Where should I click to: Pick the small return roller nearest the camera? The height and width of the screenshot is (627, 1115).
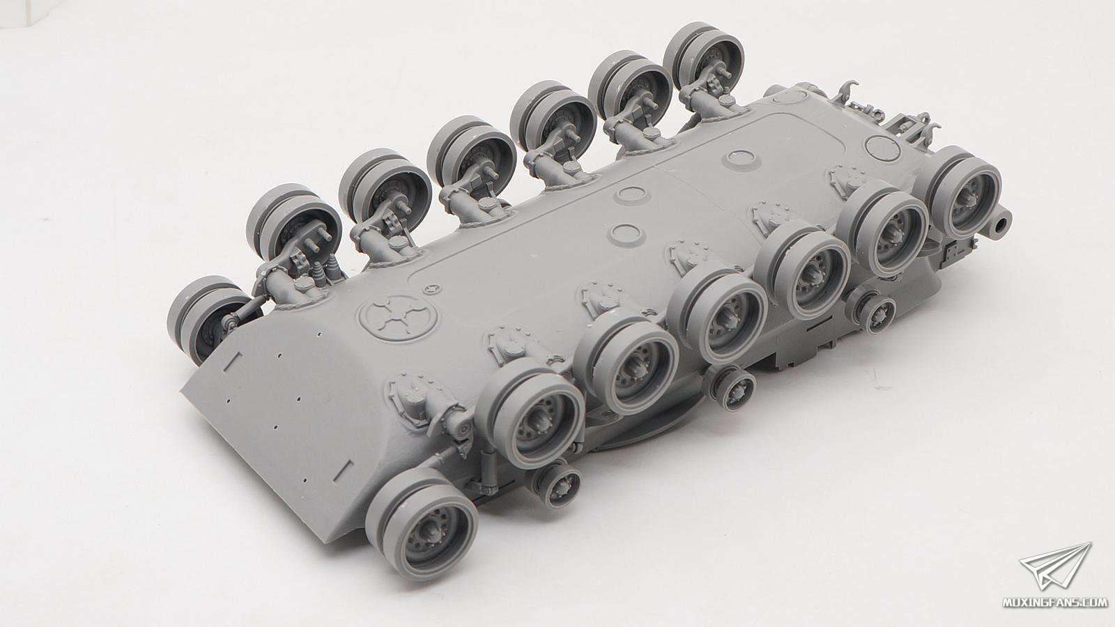(x=556, y=483)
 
